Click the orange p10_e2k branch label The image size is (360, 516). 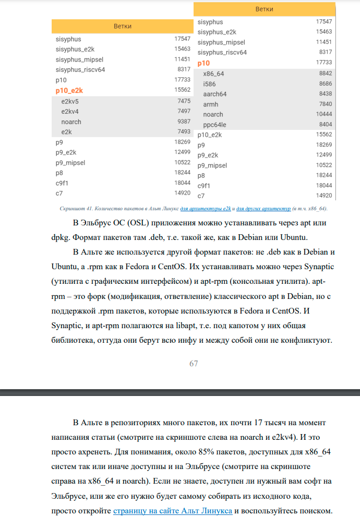click(x=69, y=91)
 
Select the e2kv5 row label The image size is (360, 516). click(x=70, y=101)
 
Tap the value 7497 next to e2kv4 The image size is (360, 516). click(x=184, y=112)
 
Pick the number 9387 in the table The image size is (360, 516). click(x=184, y=122)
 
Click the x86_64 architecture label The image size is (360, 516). click(x=213, y=74)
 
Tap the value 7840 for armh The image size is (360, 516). click(x=325, y=104)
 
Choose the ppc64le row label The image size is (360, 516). click(x=215, y=125)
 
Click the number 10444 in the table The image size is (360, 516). click(x=324, y=114)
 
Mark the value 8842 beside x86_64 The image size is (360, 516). click(x=325, y=74)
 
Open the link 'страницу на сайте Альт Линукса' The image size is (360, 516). click(x=173, y=511)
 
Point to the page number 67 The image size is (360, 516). click(x=194, y=364)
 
